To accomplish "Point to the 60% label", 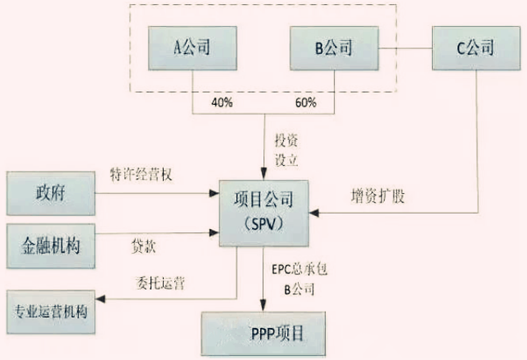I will (305, 103).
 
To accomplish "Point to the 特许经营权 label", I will (141, 173).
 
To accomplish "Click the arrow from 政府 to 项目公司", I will (159, 192).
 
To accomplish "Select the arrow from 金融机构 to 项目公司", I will (159, 234).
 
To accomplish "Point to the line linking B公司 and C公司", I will (405, 48).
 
